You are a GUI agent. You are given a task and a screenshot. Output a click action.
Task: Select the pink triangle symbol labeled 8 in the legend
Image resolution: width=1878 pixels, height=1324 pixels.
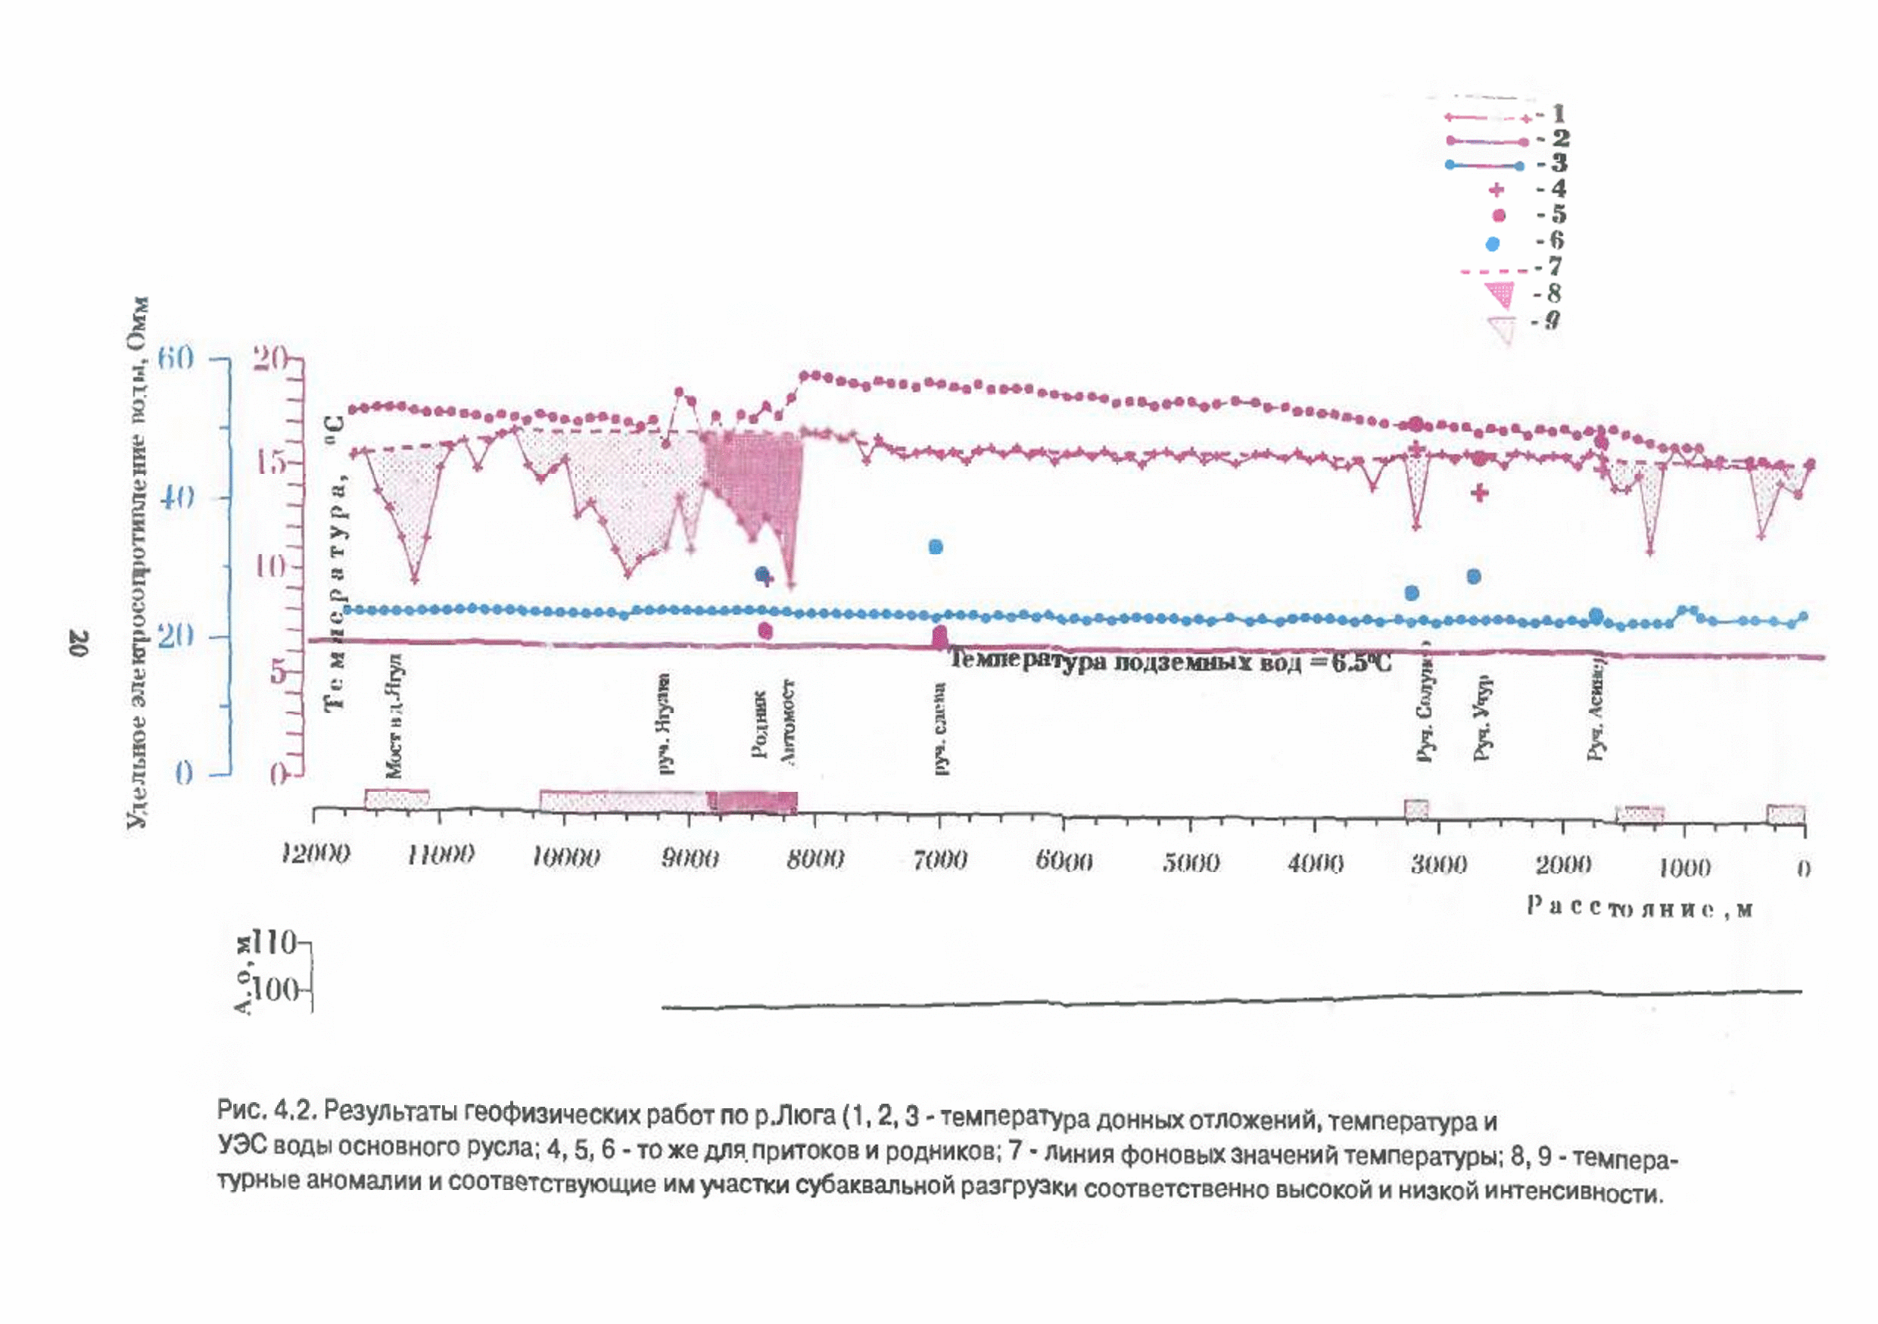1500,294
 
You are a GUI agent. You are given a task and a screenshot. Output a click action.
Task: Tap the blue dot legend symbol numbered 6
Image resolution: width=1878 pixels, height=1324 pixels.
1493,243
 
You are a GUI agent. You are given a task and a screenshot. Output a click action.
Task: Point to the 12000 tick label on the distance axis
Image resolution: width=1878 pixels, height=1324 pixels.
315,855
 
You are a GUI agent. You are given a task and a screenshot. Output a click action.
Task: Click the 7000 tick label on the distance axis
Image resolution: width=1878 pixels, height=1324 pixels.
940,859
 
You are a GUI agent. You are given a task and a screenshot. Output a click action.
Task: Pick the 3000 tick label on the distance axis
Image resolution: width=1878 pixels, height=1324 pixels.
1439,864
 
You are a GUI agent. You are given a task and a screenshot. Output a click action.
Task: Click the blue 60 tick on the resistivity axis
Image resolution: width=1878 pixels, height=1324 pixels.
176,357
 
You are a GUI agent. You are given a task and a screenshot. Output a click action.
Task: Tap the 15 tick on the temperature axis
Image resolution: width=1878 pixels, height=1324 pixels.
270,463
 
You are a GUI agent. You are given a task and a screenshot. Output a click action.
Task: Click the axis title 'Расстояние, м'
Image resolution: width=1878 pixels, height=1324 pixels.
1639,908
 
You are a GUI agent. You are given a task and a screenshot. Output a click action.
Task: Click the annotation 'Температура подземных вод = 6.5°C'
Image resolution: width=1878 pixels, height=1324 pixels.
1169,661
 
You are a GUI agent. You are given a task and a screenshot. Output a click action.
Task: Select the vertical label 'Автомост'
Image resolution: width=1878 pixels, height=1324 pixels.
788,721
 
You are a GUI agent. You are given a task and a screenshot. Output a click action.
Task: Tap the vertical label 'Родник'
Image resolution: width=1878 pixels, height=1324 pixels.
760,724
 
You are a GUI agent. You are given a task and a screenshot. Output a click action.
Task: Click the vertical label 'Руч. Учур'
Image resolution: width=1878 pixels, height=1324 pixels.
1481,718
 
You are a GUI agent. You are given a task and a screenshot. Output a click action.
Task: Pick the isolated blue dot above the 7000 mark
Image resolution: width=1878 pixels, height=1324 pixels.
936,547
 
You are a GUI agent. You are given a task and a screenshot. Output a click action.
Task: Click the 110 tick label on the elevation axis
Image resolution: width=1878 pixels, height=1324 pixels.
274,943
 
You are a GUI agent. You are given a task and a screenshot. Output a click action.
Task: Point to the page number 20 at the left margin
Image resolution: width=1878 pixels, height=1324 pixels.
79,643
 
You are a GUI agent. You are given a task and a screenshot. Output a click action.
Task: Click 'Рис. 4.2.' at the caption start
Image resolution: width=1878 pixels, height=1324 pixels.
265,1111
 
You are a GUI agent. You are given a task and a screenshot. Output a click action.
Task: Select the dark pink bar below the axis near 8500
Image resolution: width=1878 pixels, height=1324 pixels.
757,802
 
